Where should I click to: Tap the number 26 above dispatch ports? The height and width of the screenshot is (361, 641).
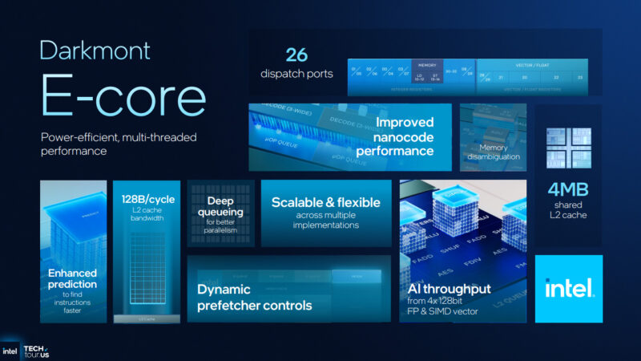point(297,55)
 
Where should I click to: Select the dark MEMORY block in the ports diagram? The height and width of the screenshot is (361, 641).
point(426,72)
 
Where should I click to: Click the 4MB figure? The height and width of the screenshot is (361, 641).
point(568,191)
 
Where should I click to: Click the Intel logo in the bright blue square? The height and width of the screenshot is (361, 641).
point(569,288)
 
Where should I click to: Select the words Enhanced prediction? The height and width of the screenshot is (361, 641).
point(72,278)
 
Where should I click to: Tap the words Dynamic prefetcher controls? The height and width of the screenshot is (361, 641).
point(255,297)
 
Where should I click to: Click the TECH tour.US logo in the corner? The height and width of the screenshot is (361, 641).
point(32,351)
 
